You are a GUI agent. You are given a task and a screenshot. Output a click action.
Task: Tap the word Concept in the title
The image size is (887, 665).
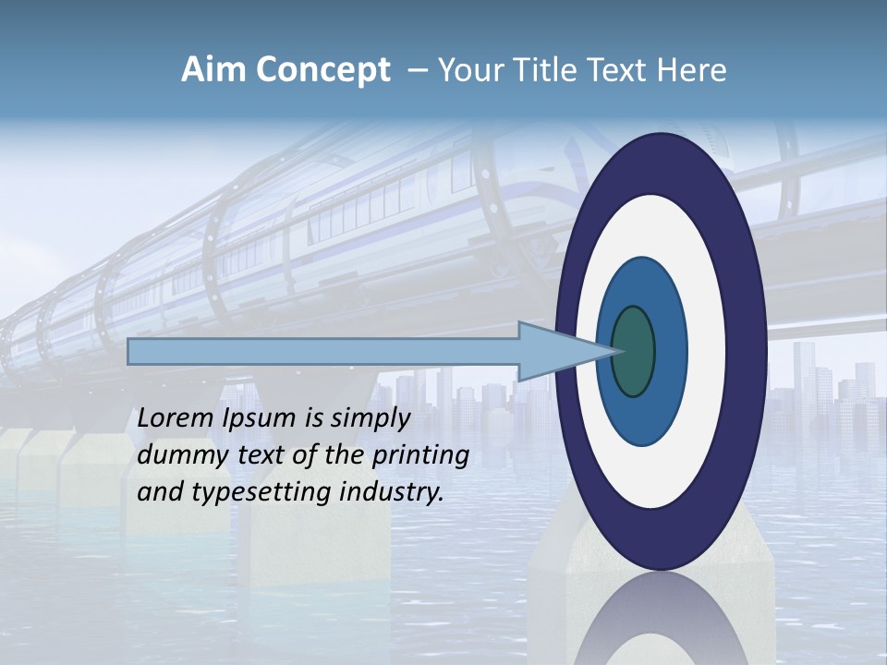coord(322,70)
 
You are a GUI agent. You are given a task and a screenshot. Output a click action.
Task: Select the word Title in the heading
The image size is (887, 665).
coord(527,70)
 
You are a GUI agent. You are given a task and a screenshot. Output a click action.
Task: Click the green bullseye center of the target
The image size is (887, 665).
coord(634,352)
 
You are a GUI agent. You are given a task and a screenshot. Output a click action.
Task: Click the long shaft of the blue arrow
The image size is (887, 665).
coord(323,352)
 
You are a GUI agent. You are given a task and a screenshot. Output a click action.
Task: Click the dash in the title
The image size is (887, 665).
coord(417,71)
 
